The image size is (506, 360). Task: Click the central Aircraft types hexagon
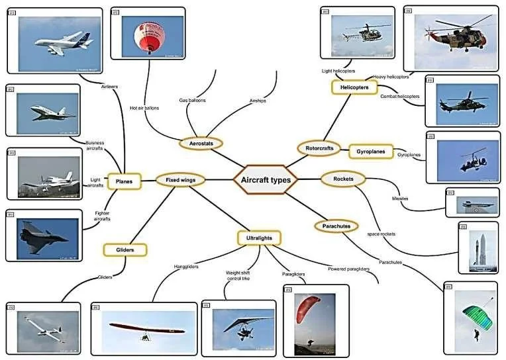(265, 179)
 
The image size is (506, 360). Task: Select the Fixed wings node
(180, 179)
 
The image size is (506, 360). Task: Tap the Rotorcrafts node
(320, 148)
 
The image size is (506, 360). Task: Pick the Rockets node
(343, 179)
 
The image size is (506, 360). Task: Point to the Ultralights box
(259, 238)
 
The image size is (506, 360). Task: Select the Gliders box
(125, 250)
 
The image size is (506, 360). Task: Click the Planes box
(123, 181)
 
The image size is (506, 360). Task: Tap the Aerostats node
(201, 144)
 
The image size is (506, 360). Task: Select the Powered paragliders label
(349, 269)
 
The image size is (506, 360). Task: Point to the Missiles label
(400, 198)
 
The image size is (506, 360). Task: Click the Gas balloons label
(192, 101)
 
